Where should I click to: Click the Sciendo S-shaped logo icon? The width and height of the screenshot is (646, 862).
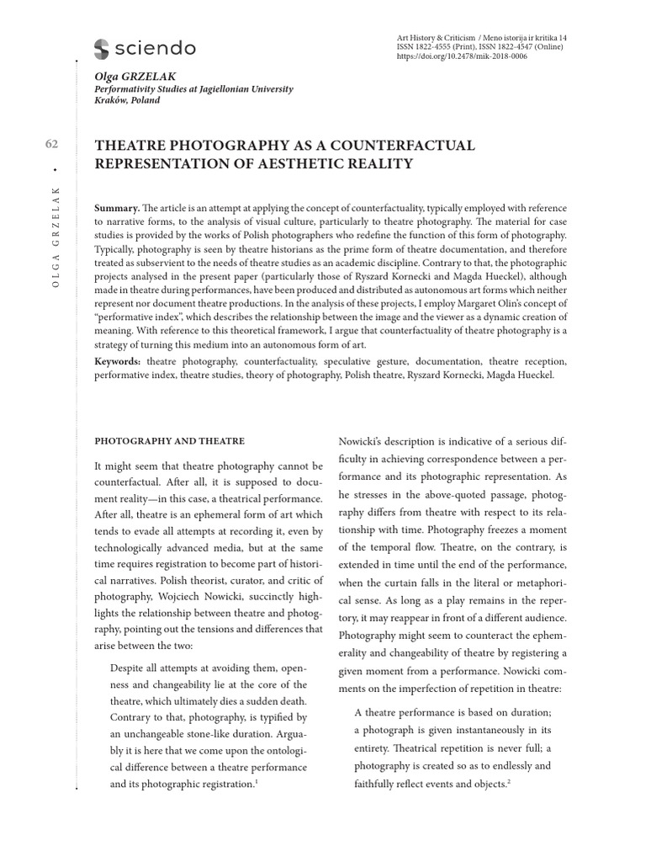(102, 49)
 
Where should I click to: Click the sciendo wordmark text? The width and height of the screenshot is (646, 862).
(156, 49)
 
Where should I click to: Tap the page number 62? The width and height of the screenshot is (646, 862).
(50, 145)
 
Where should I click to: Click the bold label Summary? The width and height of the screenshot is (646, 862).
(117, 207)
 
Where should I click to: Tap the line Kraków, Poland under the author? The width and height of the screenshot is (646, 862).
(127, 100)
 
